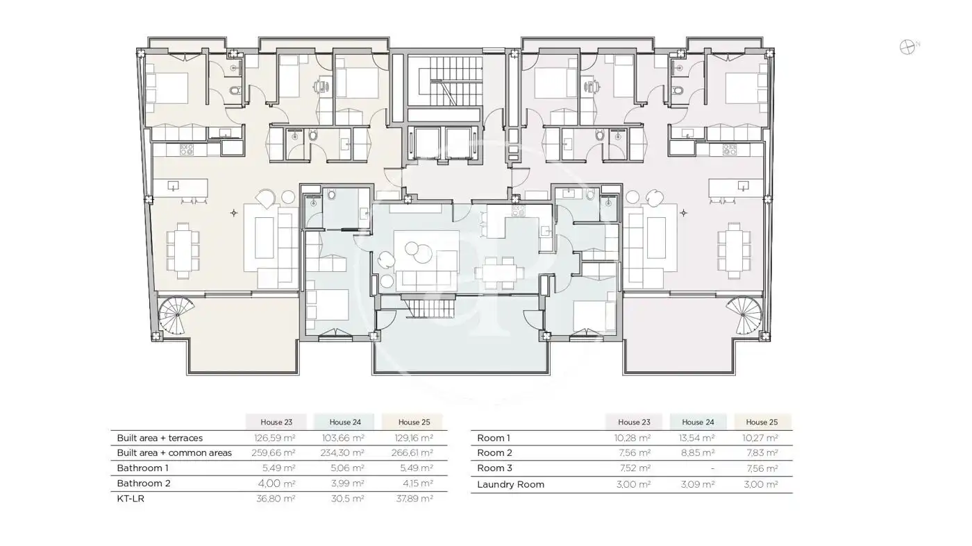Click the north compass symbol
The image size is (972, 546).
[907, 47]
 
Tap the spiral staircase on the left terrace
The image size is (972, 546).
[176, 315]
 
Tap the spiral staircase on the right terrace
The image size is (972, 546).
[744, 315]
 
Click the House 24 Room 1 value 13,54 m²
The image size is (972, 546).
[697, 438]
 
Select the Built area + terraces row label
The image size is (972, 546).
[160, 438]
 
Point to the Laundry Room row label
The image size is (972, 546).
[511, 484]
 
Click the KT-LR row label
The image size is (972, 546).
[131, 499]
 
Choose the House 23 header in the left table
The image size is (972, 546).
[276, 422]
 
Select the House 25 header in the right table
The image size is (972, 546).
[762, 422]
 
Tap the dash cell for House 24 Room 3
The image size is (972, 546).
[712, 468]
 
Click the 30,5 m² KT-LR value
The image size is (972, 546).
[348, 499]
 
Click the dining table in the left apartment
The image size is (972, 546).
[183, 250]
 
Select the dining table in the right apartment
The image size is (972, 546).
[734, 250]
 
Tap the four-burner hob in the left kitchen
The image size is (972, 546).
[187, 150]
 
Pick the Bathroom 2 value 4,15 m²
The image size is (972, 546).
[414, 483]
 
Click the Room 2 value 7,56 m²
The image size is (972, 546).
[635, 453]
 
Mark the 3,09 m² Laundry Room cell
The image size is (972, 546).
[698, 484]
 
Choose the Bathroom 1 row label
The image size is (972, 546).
[143, 468]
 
